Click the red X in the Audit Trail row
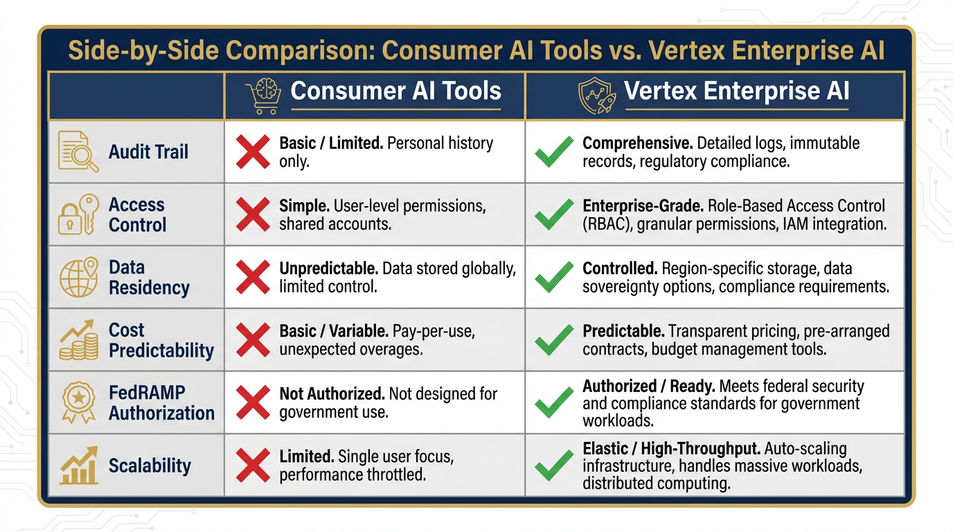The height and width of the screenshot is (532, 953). click(253, 152)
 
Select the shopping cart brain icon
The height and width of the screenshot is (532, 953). click(263, 96)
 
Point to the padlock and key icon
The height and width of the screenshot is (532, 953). click(78, 215)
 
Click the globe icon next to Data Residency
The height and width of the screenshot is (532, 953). click(78, 277)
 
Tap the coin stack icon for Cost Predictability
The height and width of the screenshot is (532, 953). click(78, 340)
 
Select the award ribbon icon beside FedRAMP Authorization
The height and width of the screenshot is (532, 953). click(78, 402)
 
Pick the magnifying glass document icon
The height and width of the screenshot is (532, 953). click(78, 152)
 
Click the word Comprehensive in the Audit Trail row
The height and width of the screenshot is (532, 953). click(636, 143)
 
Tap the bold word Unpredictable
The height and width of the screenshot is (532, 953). click(328, 269)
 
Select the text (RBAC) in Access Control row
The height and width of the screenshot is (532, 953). click(607, 224)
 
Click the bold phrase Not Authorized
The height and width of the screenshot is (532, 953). click(332, 394)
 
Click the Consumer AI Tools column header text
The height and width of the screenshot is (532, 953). click(395, 91)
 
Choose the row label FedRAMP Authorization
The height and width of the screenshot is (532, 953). click(161, 402)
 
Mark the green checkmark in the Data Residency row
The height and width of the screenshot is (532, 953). click(554, 277)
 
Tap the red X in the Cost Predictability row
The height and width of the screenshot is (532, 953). click(253, 340)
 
